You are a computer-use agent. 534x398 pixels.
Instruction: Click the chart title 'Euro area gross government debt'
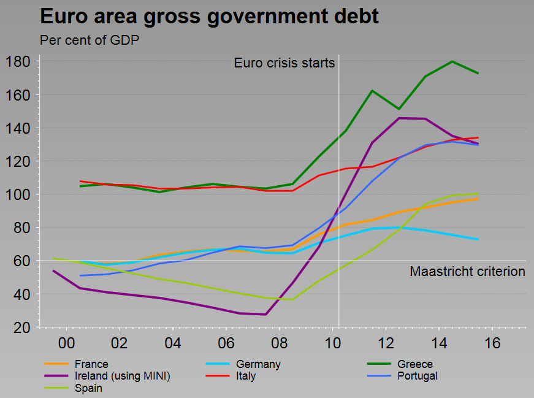tap(209, 17)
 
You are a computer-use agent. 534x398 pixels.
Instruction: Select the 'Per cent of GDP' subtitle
tap(90, 40)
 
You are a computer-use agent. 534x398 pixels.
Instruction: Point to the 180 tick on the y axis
tap(20, 62)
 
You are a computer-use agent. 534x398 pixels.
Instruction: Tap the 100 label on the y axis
tap(20, 194)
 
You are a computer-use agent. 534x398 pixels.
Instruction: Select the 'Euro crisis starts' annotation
tap(284, 63)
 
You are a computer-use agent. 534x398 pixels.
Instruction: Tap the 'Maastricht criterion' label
tap(467, 271)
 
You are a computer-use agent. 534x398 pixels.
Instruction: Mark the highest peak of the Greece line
tap(452, 61)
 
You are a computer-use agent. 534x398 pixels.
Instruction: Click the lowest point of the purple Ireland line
tap(265, 315)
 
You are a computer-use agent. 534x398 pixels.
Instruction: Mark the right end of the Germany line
tap(478, 239)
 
